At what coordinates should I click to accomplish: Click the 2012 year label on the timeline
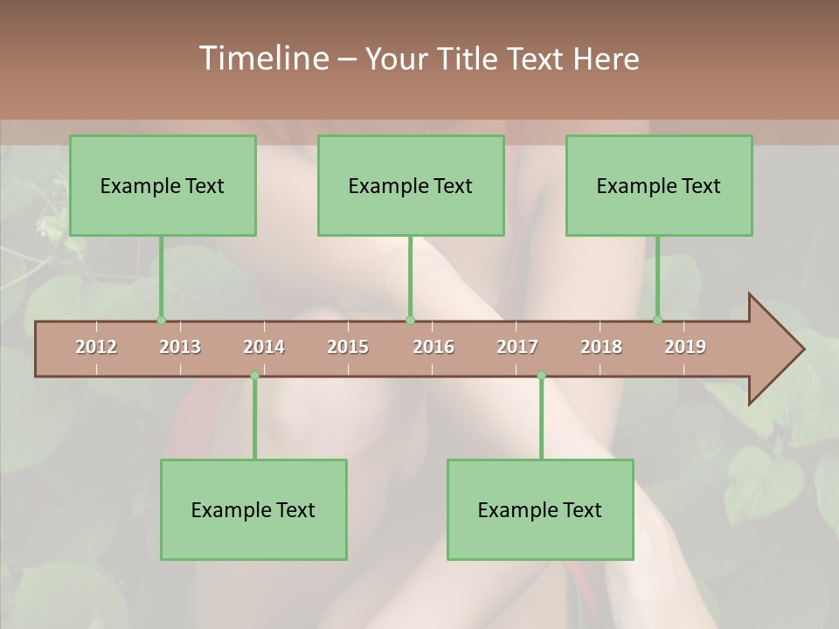pyautogui.click(x=96, y=347)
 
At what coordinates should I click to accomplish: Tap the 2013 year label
pyautogui.click(x=180, y=347)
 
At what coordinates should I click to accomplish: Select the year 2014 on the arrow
pyautogui.click(x=264, y=347)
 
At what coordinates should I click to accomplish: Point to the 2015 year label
pyautogui.click(x=348, y=347)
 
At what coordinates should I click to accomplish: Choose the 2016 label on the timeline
pyautogui.click(x=433, y=347)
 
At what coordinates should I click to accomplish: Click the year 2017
pyautogui.click(x=517, y=347)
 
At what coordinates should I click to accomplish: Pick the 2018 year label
pyautogui.click(x=601, y=347)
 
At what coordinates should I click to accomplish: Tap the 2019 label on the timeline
pyautogui.click(x=685, y=347)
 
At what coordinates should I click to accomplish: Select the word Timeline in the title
pyautogui.click(x=262, y=59)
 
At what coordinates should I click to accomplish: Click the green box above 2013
pyautogui.click(x=163, y=185)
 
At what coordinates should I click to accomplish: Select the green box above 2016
pyautogui.click(x=411, y=185)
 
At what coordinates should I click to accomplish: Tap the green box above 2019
pyautogui.click(x=659, y=185)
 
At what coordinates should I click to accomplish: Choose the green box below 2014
pyautogui.click(x=253, y=509)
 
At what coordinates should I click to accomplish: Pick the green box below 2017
pyautogui.click(x=540, y=509)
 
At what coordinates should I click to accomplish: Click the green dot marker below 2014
pyautogui.click(x=254, y=376)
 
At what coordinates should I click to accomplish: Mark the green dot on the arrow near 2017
pyautogui.click(x=541, y=376)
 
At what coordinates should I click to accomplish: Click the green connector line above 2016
pyautogui.click(x=410, y=278)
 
